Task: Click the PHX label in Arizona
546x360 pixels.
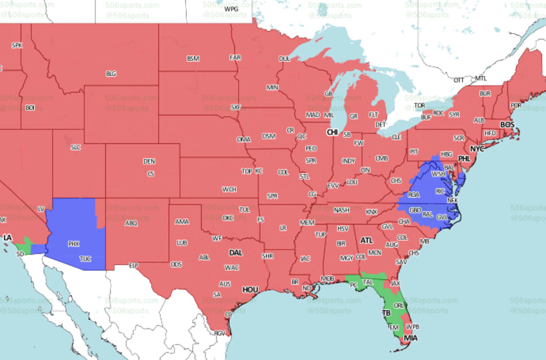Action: click(x=75, y=244)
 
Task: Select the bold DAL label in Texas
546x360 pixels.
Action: click(x=236, y=253)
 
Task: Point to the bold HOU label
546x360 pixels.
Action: click(x=250, y=290)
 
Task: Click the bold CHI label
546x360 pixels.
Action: click(x=332, y=132)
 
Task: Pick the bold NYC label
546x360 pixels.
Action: click(x=477, y=148)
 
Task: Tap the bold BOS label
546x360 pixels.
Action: click(x=507, y=124)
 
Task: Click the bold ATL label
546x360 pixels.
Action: click(x=367, y=240)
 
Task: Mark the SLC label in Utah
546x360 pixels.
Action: click(x=76, y=147)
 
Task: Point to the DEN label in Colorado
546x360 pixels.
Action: click(x=149, y=161)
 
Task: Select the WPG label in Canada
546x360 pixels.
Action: click(x=231, y=9)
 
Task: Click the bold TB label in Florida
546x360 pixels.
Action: click(x=387, y=313)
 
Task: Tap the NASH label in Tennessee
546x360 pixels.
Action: click(x=342, y=210)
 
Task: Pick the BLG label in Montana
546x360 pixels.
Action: click(x=111, y=74)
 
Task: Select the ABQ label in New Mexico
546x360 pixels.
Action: click(x=131, y=223)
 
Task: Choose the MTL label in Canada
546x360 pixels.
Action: click(x=480, y=78)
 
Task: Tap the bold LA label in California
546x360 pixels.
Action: click(x=7, y=238)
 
